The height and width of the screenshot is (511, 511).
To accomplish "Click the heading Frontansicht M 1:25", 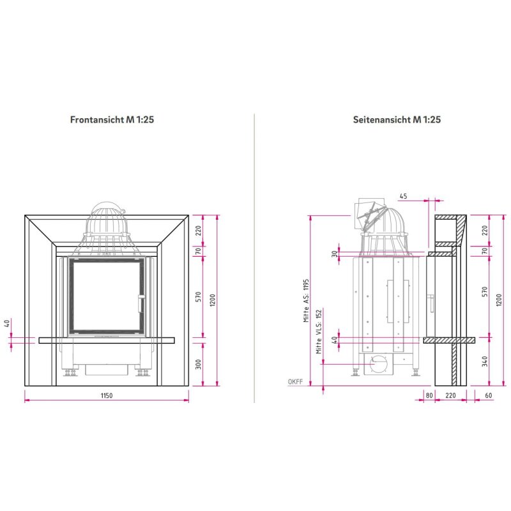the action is (x=112, y=119).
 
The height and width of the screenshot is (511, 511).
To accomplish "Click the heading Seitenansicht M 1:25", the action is (x=397, y=119).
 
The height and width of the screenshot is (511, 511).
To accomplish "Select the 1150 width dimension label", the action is (x=107, y=395).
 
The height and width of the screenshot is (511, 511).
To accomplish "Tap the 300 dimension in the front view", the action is (x=198, y=364).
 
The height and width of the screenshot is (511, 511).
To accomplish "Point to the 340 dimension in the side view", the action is (x=485, y=362).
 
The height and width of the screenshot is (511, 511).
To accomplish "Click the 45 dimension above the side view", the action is (x=403, y=196).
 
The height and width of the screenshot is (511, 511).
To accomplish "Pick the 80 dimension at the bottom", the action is (x=429, y=395).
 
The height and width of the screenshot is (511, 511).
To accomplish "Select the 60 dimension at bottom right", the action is (x=488, y=395).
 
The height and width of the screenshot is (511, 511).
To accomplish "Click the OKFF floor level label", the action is (x=295, y=381).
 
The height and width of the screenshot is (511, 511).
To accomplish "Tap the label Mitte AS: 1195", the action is (x=306, y=300).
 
